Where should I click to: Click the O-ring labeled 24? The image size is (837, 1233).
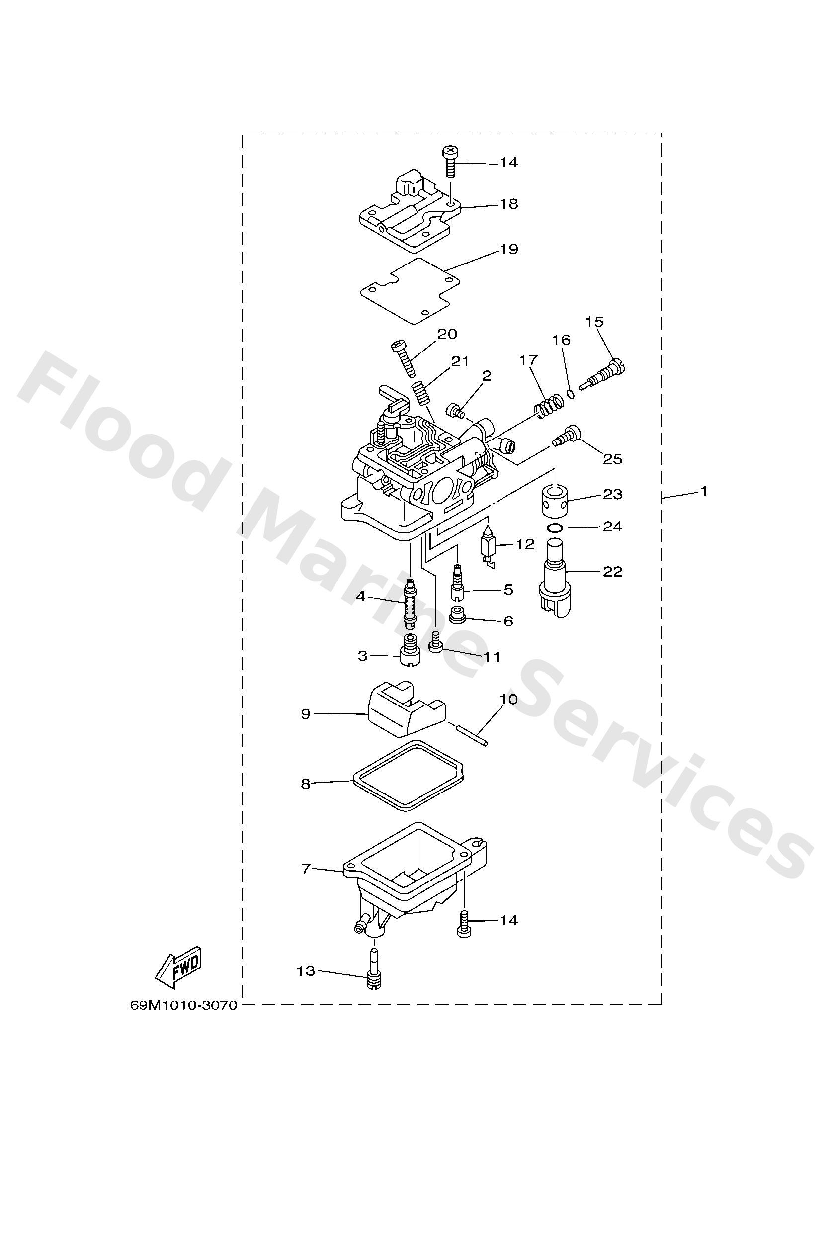click(554, 528)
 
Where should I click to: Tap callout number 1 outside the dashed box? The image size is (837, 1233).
click(703, 492)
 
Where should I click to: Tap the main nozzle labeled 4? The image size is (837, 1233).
click(409, 603)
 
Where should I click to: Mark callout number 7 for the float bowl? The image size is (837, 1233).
click(306, 869)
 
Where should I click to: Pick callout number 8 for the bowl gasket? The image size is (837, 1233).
click(306, 783)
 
